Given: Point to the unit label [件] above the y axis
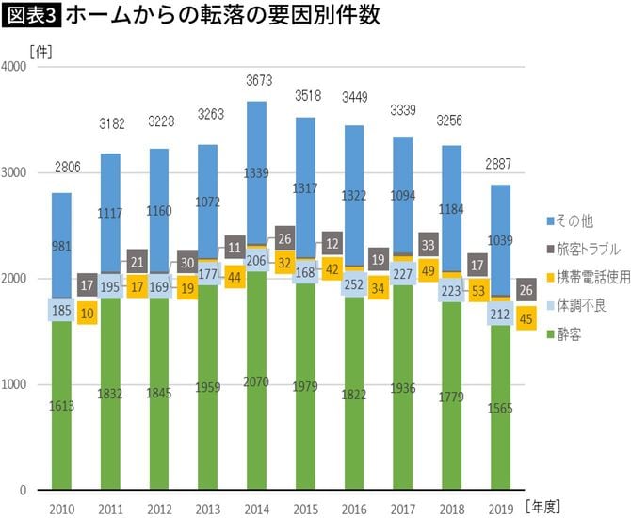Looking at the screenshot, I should tap(40, 50).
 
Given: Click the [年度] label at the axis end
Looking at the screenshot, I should tap(546, 506).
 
